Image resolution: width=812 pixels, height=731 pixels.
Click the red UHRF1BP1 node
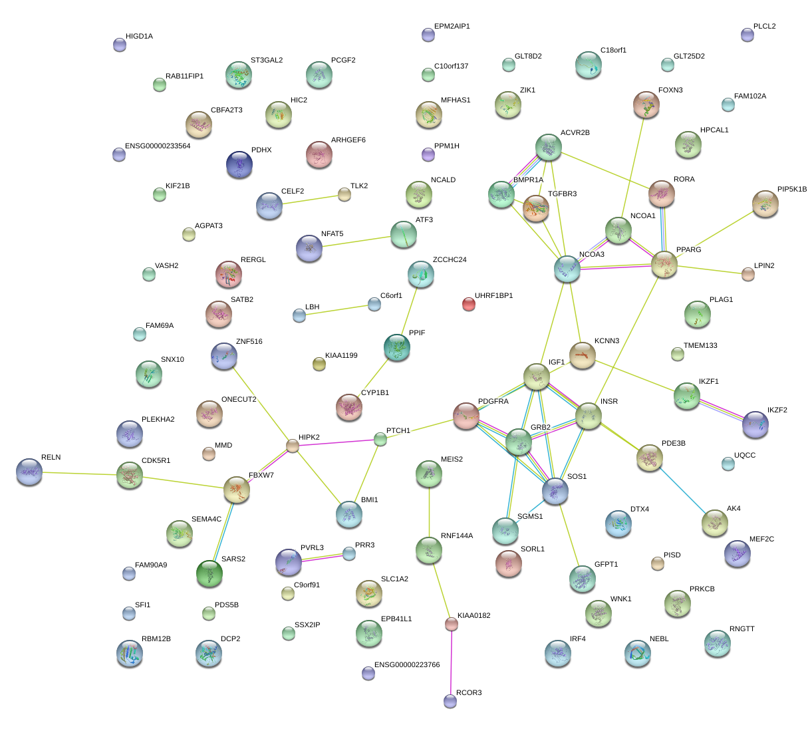click(x=469, y=305)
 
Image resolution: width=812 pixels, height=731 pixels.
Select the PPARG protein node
click(x=664, y=264)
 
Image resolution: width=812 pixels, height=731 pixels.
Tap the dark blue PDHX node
click(x=239, y=164)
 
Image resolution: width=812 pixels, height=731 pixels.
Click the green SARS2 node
click(x=209, y=573)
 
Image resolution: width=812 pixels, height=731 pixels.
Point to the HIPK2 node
click(x=293, y=446)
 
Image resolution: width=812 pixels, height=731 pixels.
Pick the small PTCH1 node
click(x=380, y=439)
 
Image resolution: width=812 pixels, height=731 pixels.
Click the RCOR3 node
click(x=450, y=700)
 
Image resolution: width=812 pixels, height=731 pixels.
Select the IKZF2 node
click(x=755, y=424)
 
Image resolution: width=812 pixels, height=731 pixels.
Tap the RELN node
click(x=29, y=471)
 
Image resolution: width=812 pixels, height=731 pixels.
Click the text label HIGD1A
click(x=139, y=37)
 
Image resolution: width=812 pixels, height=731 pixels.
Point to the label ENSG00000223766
click(x=407, y=665)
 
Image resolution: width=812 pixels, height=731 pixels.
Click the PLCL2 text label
click(x=764, y=27)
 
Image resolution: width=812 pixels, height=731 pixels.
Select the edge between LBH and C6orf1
click(x=337, y=310)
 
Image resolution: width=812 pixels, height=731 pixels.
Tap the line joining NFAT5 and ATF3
click(x=356, y=241)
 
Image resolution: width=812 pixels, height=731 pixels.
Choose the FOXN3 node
click(x=646, y=104)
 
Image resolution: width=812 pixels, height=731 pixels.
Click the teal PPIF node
click(x=397, y=347)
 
